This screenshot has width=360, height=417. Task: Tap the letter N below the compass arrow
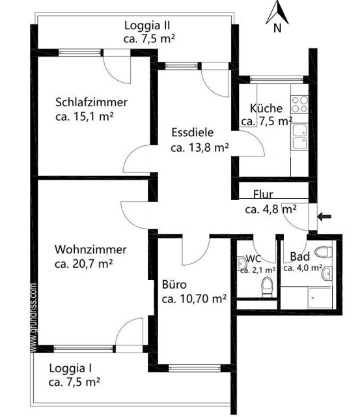coord(277,28)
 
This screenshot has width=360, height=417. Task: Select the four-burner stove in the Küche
coord(299,105)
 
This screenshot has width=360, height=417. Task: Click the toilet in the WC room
coord(266,285)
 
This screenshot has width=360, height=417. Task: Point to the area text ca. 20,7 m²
coord(84,264)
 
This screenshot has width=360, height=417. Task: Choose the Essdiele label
coord(193,132)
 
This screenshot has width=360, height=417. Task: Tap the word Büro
coord(174,285)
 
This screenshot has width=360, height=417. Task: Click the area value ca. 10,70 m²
coord(193,299)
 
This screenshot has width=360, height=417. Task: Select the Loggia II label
coord(148,25)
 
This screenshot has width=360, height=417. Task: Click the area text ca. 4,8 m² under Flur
coord(271,209)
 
